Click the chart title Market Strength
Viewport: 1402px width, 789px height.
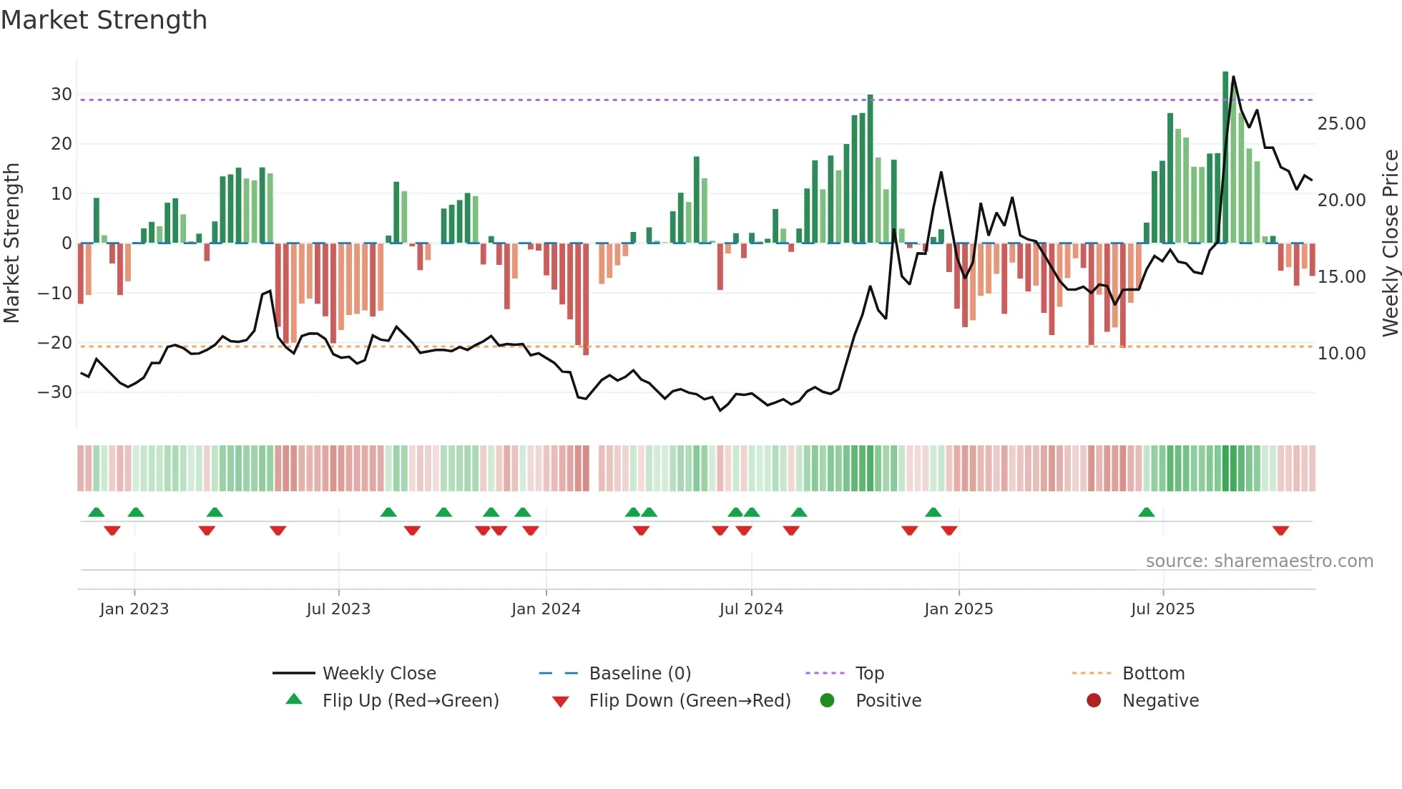[104, 20]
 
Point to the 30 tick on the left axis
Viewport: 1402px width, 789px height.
[61, 95]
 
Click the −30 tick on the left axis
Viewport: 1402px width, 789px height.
[55, 392]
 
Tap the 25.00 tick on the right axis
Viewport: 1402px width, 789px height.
[1341, 124]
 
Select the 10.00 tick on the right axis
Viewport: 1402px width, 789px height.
[1341, 354]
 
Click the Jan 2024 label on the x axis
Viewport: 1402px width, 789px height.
[546, 609]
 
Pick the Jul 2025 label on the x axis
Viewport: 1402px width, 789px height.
[1162, 609]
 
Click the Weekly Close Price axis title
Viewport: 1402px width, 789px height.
[1390, 243]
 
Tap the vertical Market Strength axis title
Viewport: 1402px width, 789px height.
[12, 243]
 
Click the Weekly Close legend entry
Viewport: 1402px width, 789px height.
[378, 674]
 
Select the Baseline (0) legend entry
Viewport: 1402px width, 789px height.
[639, 674]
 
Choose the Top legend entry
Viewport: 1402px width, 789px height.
[869, 674]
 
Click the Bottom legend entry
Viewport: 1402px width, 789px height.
[1153, 674]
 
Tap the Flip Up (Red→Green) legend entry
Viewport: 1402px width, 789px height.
[410, 701]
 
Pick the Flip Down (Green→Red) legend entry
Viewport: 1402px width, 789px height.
[690, 701]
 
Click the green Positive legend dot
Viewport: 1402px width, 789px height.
[828, 701]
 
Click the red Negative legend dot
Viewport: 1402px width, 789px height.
[1094, 701]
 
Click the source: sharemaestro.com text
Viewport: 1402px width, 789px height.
[1259, 561]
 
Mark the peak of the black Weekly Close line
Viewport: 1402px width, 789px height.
[1233, 77]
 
